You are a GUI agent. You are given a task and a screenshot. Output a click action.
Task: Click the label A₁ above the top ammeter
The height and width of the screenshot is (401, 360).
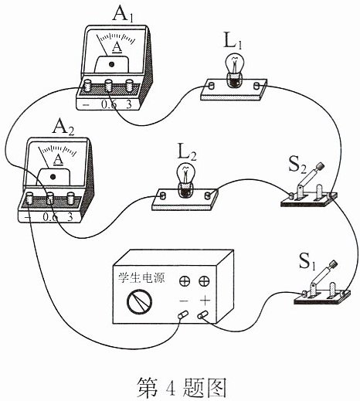coord(123,15)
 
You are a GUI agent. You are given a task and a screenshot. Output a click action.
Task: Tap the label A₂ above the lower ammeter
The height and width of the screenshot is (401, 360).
coord(63,127)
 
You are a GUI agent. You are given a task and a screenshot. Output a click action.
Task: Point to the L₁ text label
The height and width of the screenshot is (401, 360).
coord(233,42)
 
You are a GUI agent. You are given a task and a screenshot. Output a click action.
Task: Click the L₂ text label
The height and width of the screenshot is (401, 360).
coord(187,152)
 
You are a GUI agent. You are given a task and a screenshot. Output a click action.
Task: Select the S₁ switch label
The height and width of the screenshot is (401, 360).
coord(307,261)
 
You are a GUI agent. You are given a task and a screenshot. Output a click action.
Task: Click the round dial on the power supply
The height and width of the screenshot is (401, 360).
coord(139,301)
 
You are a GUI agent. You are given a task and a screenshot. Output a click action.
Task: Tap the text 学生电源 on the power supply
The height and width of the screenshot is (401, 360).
coord(141,278)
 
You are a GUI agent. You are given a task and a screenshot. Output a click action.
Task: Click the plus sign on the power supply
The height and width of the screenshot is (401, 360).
coord(205,300)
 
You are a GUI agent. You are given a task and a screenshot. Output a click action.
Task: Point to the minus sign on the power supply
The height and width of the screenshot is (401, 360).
coord(184,301)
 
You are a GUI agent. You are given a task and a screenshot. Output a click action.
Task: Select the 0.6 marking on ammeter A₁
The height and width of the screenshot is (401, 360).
coord(109,104)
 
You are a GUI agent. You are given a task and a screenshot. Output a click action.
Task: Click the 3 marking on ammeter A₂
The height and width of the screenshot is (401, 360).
coord(70,217)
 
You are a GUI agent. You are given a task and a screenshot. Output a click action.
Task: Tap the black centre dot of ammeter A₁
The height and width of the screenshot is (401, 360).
coord(111,64)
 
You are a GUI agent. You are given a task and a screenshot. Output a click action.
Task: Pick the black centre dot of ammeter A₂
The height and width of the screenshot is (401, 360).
coord(53,177)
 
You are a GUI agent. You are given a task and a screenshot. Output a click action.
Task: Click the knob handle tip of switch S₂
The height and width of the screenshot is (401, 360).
coord(321,166)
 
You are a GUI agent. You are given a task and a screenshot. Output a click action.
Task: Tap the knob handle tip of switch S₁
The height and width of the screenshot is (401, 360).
coord(334,264)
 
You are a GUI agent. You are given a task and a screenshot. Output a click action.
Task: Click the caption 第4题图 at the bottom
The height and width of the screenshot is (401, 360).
coord(182,388)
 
